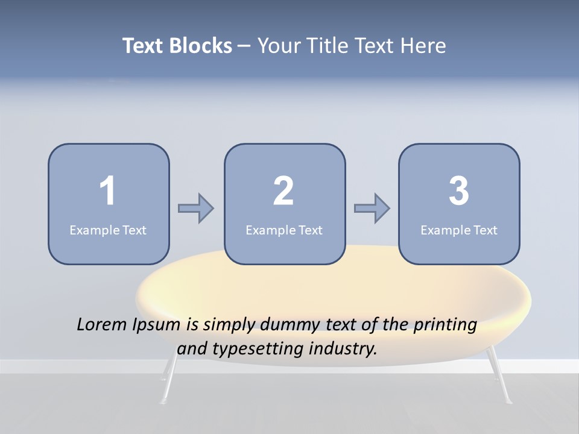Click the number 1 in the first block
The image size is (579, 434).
(x=107, y=191)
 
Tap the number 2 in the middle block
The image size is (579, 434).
(x=283, y=191)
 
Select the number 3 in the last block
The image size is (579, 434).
(x=459, y=191)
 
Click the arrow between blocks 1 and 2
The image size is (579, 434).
(x=196, y=209)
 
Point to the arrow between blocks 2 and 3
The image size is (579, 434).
(x=372, y=209)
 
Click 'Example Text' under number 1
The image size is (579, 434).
(x=108, y=230)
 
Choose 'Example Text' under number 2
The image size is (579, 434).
(x=284, y=230)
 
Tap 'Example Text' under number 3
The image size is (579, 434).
(x=459, y=230)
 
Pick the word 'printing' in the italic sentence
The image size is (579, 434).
(x=445, y=325)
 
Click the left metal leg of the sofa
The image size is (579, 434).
(x=169, y=377)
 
